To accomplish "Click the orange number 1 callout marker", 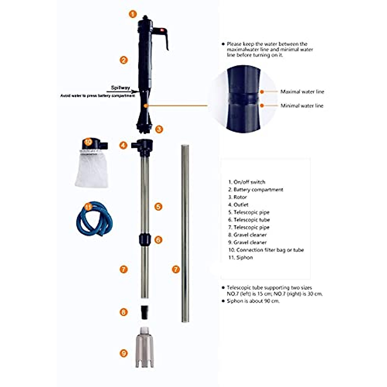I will pyautogui.click(x=133, y=14).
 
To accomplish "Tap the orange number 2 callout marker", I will pyautogui.click(x=124, y=60).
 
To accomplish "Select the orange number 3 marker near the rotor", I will pyautogui.click(x=159, y=129).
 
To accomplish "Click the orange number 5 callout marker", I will pyautogui.click(x=158, y=206).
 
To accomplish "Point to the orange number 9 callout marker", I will pyautogui.click(x=124, y=353).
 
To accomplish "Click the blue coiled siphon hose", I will pyautogui.click(x=94, y=219).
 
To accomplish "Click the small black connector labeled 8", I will pyautogui.click(x=144, y=312).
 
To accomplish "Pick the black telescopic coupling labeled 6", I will pyautogui.click(x=144, y=240).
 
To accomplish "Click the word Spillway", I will pyautogui.click(x=120, y=88).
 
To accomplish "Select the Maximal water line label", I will pyautogui.click(x=302, y=92).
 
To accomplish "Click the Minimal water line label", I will pyautogui.click(x=302, y=106).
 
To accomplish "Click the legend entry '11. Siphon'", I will pyautogui.click(x=240, y=257).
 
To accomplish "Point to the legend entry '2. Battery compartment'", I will pyautogui.click(x=255, y=190).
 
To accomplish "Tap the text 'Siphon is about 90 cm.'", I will pyautogui.click(x=253, y=301).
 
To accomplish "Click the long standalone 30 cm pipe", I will pyautogui.click(x=185, y=234).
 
